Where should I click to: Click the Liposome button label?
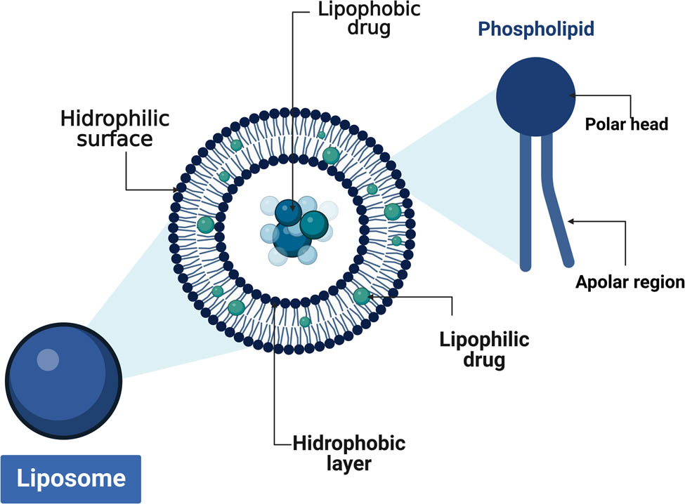[x=71, y=479]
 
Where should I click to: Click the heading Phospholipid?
[x=535, y=29]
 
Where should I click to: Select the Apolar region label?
[x=629, y=282]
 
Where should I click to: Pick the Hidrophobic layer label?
[x=348, y=453]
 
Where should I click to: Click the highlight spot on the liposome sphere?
[x=48, y=359]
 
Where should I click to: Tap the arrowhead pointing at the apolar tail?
[x=570, y=221]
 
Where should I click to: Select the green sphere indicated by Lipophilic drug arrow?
[x=361, y=296]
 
